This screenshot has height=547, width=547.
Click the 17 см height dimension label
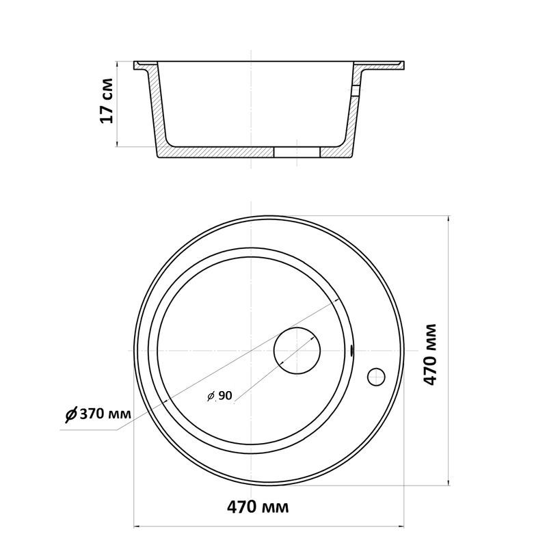pyautogui.click(x=107, y=101)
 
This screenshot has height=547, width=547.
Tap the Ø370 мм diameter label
pyautogui.click(x=98, y=414)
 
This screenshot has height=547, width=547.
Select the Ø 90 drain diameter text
pyautogui.click(x=219, y=396)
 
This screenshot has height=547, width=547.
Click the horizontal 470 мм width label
pyautogui.click(x=258, y=507)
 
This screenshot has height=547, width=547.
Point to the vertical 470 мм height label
pyautogui.click(x=430, y=354)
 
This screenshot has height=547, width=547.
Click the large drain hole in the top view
pyautogui.click(x=297, y=351)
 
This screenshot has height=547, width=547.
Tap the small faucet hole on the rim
pyautogui.click(x=376, y=377)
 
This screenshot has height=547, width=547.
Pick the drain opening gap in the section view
pyautogui.click(x=297, y=152)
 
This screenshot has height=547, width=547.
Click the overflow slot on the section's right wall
pyautogui.click(x=355, y=91)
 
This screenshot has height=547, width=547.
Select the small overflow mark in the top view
pyautogui.click(x=351, y=351)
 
